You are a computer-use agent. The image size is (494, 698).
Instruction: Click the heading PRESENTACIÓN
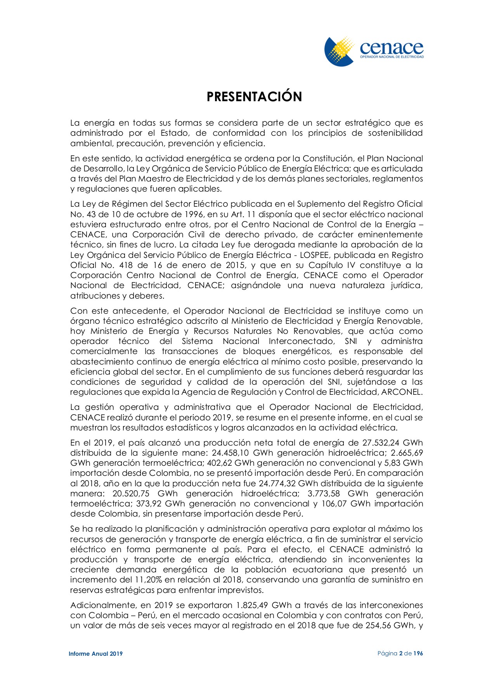tap(254, 97)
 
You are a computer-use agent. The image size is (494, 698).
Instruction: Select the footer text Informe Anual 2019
tap(95, 653)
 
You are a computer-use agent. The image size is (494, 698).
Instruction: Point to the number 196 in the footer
tap(418, 653)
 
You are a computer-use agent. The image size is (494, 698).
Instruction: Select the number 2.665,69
tap(407, 453)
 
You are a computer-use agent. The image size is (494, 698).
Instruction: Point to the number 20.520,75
tap(131, 494)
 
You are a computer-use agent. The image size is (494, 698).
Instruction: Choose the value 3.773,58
tap(324, 494)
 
